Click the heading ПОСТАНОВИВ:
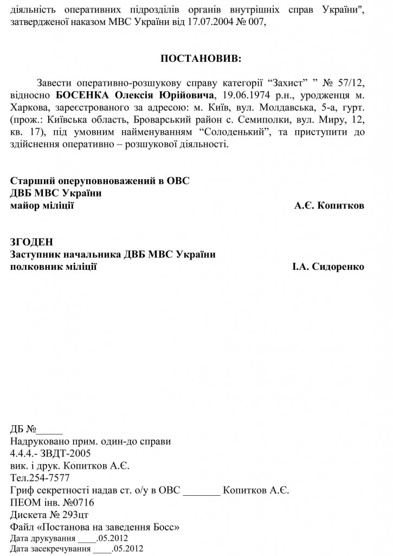point(196,58)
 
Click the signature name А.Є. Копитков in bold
point(329,206)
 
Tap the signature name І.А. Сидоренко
point(328,267)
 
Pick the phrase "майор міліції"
point(42,206)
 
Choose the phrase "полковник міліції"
point(54,267)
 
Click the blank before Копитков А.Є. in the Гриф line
point(202,492)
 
